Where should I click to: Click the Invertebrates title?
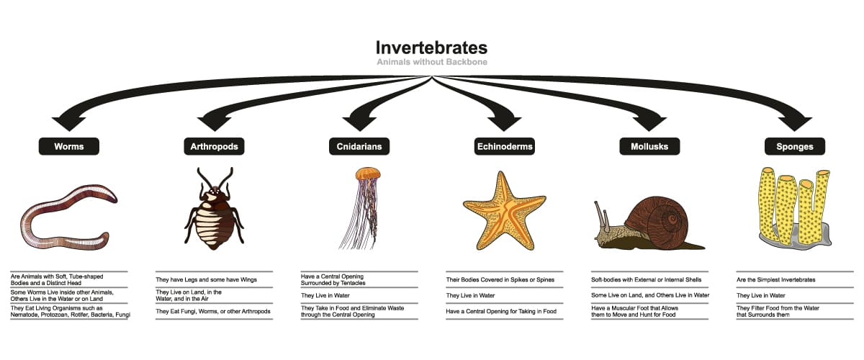(x=431, y=48)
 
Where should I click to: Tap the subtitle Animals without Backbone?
(x=432, y=62)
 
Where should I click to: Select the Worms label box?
(x=69, y=146)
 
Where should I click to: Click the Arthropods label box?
(x=214, y=146)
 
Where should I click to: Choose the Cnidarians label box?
(x=359, y=146)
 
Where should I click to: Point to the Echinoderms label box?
(x=505, y=146)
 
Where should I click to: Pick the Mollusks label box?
(x=649, y=146)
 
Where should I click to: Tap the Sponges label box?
(x=795, y=146)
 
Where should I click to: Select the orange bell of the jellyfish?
(x=368, y=174)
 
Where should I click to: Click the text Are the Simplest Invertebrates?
(x=775, y=280)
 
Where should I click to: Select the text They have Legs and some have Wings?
(x=206, y=280)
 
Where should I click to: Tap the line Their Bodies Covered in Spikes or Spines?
(x=500, y=280)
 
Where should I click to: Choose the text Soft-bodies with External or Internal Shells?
(x=646, y=280)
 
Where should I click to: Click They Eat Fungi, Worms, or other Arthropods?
(x=213, y=311)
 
